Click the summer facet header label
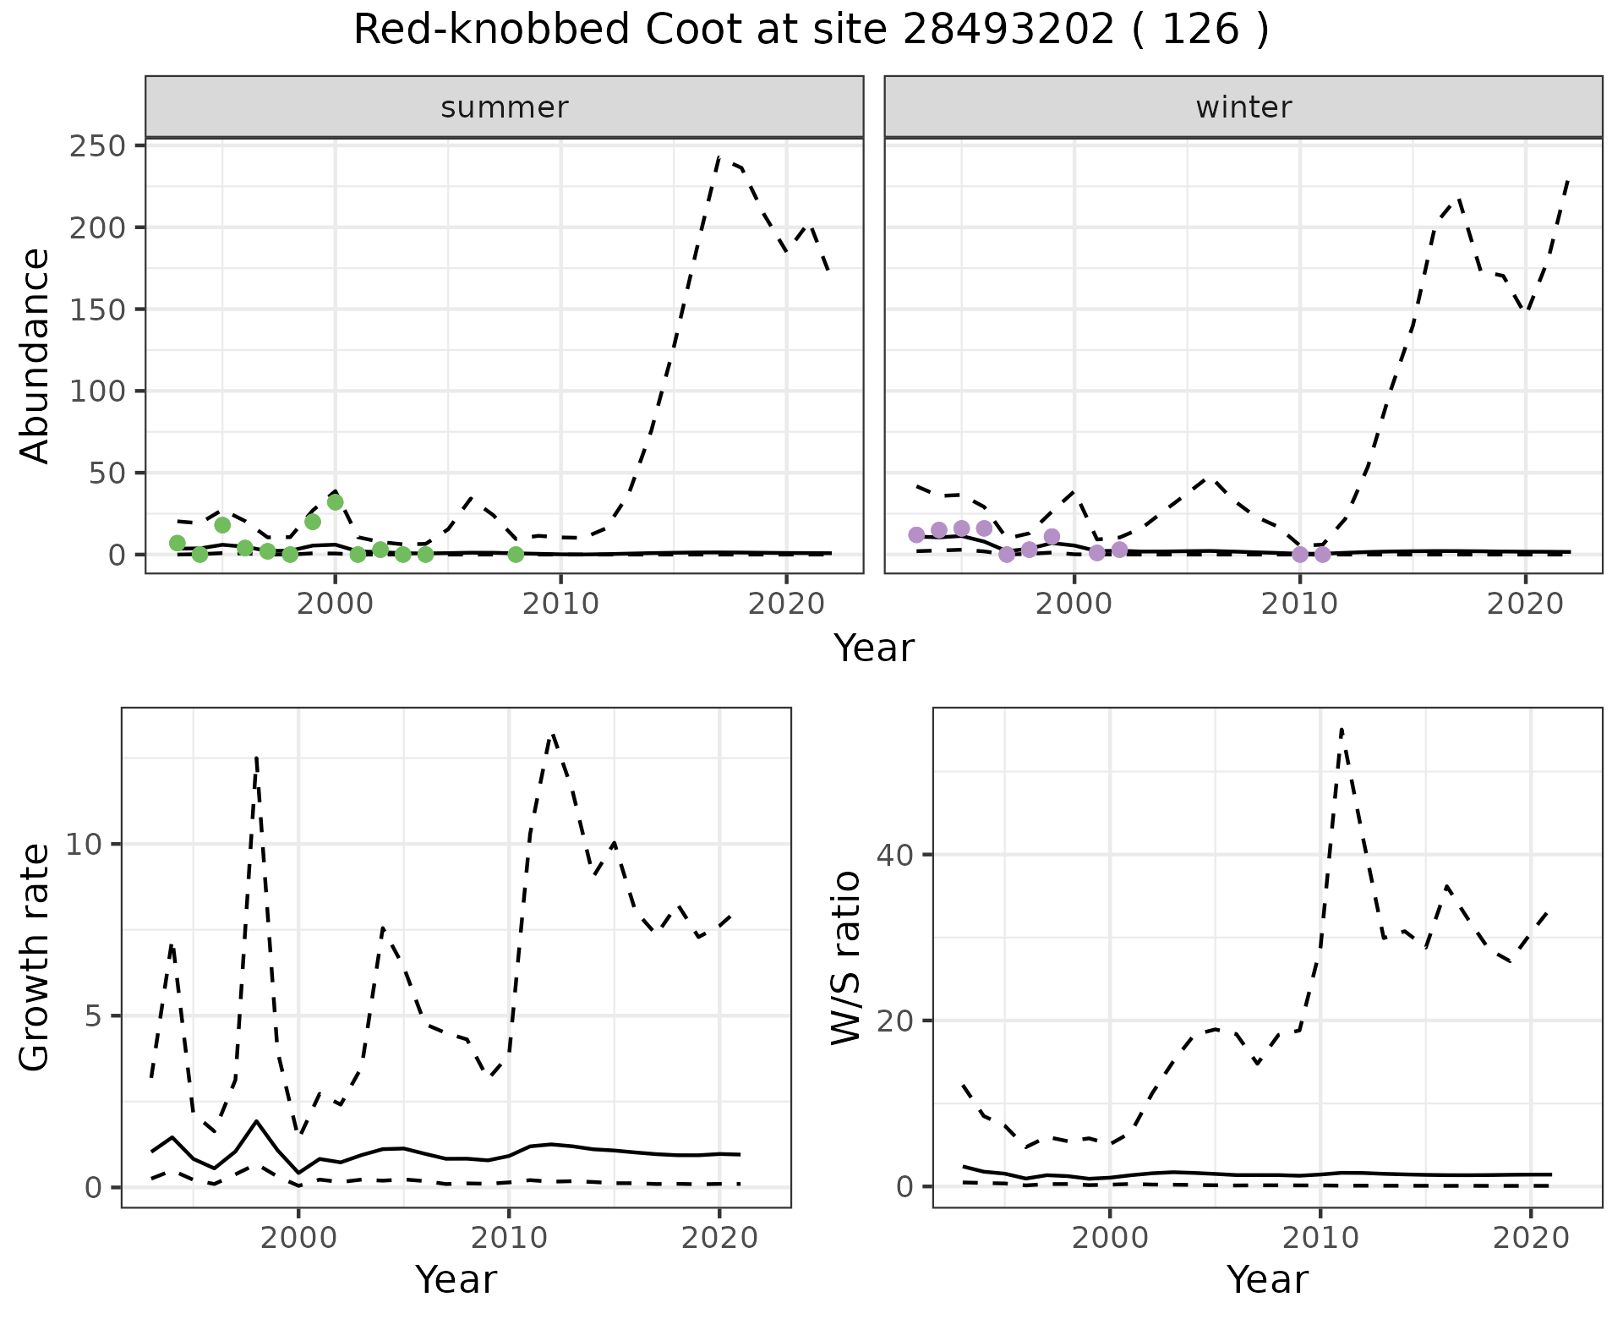[x=504, y=107]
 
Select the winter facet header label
[x=1243, y=107]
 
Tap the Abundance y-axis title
[x=36, y=355]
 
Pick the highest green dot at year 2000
[x=335, y=502]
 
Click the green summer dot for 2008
[x=516, y=555]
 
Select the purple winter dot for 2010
[x=1300, y=555]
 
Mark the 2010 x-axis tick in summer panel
[x=560, y=604]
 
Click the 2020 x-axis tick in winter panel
[x=1525, y=604]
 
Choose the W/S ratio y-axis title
[x=846, y=957]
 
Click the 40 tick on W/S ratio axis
[x=894, y=855]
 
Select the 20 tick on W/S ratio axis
[x=894, y=1021]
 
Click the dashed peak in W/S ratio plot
[x=1342, y=729]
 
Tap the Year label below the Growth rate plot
[x=456, y=1279]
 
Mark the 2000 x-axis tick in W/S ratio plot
[x=1109, y=1238]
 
